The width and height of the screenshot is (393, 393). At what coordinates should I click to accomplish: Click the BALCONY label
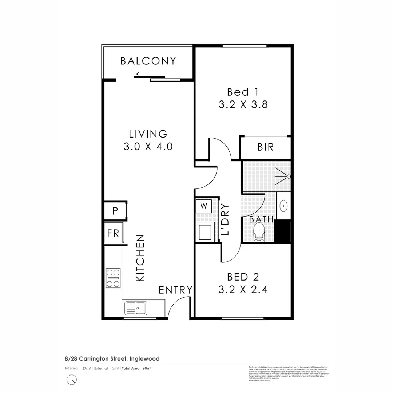click(x=148, y=61)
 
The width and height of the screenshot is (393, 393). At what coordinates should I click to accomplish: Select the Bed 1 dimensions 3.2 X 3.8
click(x=243, y=105)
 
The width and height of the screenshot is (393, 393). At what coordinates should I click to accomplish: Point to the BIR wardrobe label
click(x=265, y=147)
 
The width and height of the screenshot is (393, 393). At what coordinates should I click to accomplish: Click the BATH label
click(x=261, y=219)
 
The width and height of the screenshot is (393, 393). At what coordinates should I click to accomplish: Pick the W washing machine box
click(x=204, y=206)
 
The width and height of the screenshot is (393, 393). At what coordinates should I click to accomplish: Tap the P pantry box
click(x=115, y=211)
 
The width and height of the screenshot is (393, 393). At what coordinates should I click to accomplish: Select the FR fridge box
click(x=113, y=233)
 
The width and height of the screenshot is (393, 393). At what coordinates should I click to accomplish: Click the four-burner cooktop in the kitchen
click(x=113, y=278)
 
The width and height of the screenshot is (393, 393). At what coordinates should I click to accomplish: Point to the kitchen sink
click(x=135, y=309)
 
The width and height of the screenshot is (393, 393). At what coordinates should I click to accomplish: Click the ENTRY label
click(x=175, y=290)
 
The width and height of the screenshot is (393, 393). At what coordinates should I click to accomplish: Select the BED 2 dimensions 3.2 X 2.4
click(x=243, y=290)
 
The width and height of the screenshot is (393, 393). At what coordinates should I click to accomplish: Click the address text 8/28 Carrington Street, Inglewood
click(x=112, y=359)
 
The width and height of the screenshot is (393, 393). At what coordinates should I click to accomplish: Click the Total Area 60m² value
click(x=147, y=368)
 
